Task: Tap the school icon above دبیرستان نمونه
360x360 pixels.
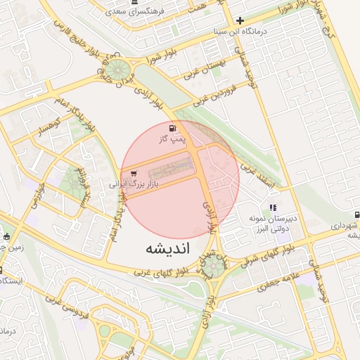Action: coord(273,207)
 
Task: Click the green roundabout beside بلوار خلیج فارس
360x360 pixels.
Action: coord(117,70)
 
